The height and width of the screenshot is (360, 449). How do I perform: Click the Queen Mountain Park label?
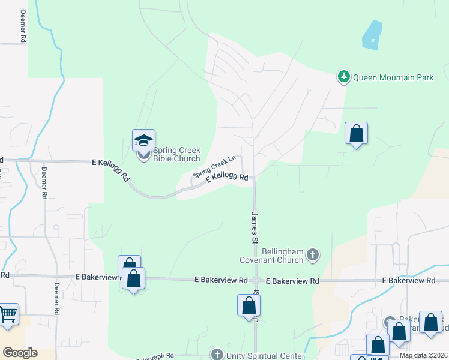tap(393, 77)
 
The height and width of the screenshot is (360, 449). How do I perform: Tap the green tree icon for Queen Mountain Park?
tap(343, 77)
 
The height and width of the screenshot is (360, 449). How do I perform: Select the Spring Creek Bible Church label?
tap(177, 154)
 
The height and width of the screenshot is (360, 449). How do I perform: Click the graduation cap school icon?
tap(143, 140)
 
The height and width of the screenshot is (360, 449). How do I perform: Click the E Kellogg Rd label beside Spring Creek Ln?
tap(227, 178)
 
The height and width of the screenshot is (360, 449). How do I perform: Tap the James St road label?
tap(255, 227)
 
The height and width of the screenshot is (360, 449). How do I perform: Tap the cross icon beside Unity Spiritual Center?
tap(217, 355)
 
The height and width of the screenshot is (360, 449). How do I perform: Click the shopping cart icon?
tap(8, 314)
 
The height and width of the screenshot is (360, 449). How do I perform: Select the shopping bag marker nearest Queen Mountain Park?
tap(356, 133)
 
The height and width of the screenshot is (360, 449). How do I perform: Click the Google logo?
tap(20, 352)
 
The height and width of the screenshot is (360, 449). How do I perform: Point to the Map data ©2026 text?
tap(423, 355)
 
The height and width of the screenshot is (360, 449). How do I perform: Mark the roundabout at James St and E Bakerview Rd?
tap(256, 280)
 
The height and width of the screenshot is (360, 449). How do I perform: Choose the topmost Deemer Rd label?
tap(23, 26)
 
